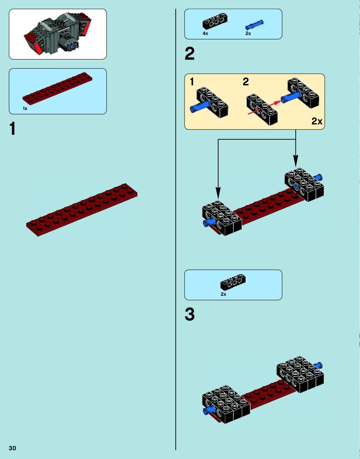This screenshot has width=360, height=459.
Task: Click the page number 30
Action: [x=12, y=448]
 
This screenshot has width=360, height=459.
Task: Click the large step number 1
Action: [x=13, y=129]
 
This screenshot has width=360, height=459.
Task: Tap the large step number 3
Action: [x=190, y=314]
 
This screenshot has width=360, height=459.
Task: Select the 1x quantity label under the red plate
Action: [x=25, y=108]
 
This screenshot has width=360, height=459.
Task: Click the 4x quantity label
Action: [x=205, y=33]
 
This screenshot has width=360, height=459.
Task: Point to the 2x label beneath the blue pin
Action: [x=248, y=33]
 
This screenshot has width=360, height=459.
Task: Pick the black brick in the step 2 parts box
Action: [x=215, y=21]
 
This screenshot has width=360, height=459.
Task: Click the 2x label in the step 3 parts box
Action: [x=223, y=294]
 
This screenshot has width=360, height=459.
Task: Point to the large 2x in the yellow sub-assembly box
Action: [x=317, y=121]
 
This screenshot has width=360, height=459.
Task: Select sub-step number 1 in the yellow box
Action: [x=192, y=82]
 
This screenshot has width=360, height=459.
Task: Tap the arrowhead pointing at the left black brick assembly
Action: [x=218, y=193]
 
